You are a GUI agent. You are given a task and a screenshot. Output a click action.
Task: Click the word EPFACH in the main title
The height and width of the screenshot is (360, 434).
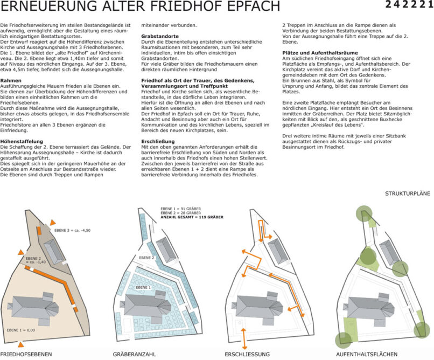click(250, 6)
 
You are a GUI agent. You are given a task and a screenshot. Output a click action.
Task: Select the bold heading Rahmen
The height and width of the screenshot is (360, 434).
click(11, 80)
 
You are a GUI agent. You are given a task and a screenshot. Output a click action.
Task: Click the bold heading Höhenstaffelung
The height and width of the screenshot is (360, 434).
click(21, 141)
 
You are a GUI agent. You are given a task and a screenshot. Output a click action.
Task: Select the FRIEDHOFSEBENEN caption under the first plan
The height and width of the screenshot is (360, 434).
click(26, 354)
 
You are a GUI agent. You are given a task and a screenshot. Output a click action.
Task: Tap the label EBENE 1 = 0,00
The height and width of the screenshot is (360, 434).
click(21, 329)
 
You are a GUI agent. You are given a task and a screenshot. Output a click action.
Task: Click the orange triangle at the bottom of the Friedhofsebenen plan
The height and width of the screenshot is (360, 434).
click(20, 344)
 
